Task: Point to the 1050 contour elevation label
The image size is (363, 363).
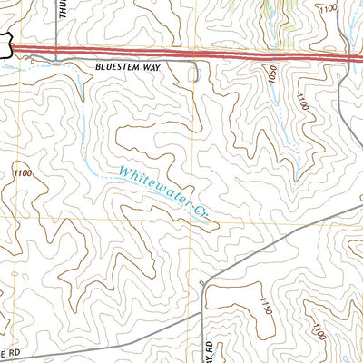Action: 270,76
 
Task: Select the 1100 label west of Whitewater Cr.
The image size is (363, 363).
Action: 23,172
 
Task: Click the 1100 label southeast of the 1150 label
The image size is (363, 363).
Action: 319,336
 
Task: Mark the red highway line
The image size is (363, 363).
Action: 181,53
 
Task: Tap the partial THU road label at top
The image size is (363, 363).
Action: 64,11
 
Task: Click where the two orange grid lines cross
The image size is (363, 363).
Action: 191,219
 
